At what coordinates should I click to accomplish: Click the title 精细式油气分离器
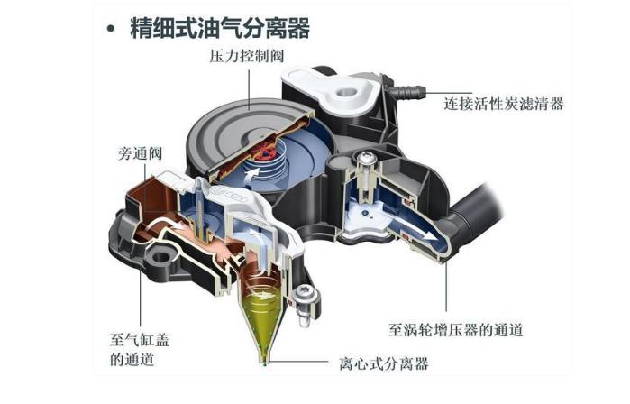(x=220, y=28)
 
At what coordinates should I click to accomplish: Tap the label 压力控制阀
(x=247, y=56)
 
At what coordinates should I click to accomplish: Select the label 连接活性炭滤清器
(x=504, y=104)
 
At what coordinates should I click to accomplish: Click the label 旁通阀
(x=141, y=153)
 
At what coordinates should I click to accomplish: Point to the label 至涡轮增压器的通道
(x=456, y=330)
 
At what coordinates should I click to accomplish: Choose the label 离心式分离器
(x=384, y=363)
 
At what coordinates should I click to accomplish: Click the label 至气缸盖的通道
(x=140, y=349)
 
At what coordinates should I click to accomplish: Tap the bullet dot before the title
(x=111, y=29)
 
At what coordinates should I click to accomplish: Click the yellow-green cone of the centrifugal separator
(x=261, y=317)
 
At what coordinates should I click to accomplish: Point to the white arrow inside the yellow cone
(x=263, y=297)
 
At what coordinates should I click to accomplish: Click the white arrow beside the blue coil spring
(x=251, y=176)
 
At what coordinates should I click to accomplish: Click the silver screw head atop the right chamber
(x=366, y=158)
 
